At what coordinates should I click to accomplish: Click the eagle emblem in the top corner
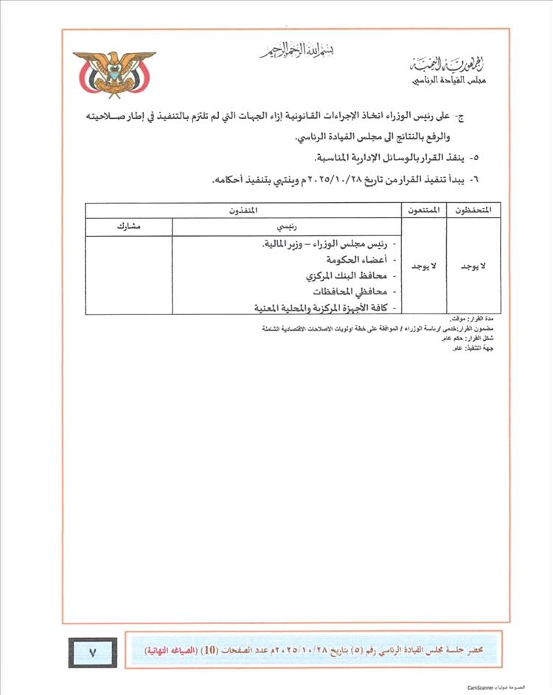pos(114,74)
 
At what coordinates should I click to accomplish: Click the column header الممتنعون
pos(422,210)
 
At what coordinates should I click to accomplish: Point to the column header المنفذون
pos(243,210)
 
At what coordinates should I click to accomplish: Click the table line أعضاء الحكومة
pos(358,260)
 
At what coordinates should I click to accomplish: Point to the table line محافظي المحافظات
pos(353,291)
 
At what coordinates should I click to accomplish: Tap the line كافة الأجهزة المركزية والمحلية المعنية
pos(320,307)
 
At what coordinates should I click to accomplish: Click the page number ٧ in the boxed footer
pos(93,651)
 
